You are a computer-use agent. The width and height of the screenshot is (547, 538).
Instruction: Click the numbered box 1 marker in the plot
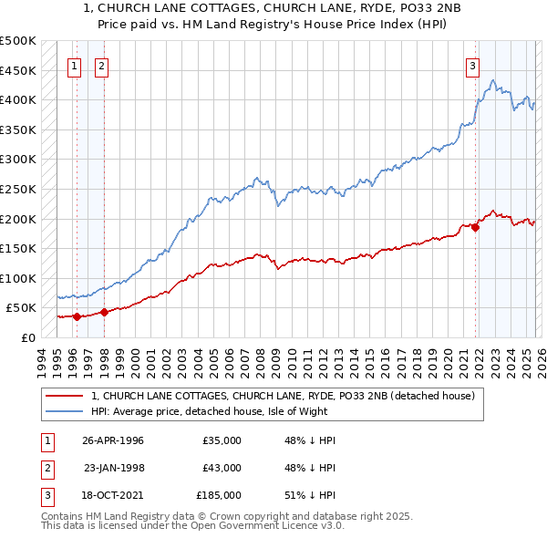[74, 66]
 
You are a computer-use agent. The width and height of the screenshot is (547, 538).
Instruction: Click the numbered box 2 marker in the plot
[101, 66]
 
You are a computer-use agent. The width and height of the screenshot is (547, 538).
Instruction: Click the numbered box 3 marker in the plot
[473, 66]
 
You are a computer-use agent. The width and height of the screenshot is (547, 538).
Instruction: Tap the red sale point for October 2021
[476, 228]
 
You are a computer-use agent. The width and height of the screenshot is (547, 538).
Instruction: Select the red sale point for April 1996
[77, 317]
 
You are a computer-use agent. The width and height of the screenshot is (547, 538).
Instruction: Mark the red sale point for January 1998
[104, 312]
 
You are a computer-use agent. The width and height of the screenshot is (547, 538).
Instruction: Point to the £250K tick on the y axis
[18, 189]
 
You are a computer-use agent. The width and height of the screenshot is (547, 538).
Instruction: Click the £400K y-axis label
[18, 99]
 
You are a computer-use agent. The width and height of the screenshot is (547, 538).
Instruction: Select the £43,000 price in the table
[222, 468]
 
